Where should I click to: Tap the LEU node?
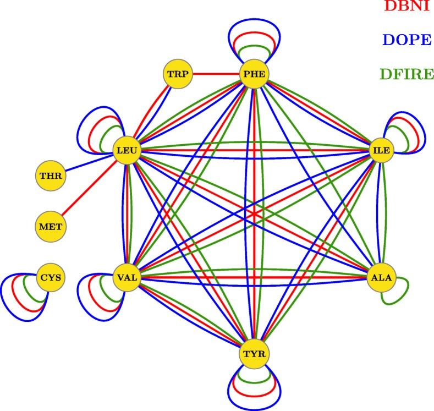pos(127,150)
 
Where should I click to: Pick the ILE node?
pos(381,150)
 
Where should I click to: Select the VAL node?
pos(127,277)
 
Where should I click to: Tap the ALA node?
pos(381,277)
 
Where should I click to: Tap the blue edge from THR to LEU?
pos(88,163)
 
